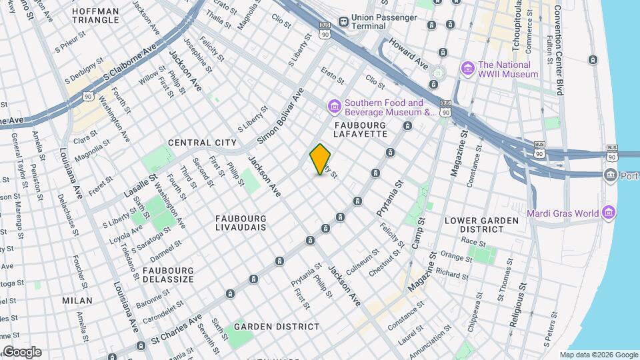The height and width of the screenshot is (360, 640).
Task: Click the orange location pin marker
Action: pos(320,159)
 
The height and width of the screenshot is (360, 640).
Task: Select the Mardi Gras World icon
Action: pos(607,213)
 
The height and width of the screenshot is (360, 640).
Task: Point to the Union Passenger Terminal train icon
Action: pos(343,21)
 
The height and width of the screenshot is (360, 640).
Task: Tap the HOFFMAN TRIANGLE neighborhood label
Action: pos(95,15)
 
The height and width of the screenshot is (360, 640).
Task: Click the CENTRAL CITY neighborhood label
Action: pos(202,143)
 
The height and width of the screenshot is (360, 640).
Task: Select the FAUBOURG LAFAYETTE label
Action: pos(361,129)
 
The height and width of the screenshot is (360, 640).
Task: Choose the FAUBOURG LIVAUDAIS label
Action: pos(241,223)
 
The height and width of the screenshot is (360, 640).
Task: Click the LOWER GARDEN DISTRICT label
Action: pos(481,225)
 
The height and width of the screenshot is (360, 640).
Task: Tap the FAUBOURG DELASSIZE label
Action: pos(168,275)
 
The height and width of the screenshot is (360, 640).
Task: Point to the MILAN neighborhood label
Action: pos(77,301)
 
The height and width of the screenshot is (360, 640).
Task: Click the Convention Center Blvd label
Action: pos(558,47)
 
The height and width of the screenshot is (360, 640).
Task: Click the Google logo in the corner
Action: pos(21,352)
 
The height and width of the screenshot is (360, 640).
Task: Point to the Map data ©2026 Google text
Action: pos(598,355)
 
